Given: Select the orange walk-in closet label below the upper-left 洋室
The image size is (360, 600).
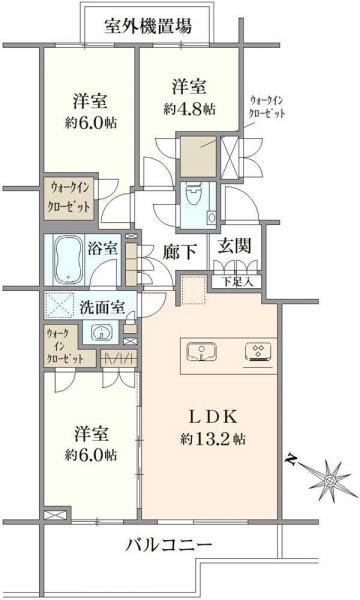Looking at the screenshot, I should (68, 196).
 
